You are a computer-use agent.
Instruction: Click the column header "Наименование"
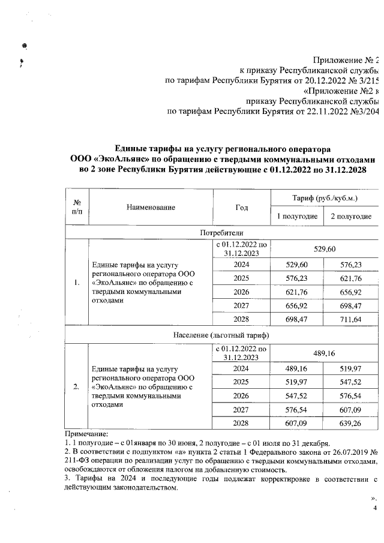click(x=151, y=207)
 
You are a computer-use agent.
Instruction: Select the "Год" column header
click(x=242, y=207)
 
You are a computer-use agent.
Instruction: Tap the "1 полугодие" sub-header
click(x=296, y=216)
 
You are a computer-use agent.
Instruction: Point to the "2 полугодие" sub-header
click(x=351, y=216)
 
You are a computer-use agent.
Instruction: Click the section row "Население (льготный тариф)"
click(x=221, y=334)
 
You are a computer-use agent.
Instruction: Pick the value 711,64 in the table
click(x=351, y=319)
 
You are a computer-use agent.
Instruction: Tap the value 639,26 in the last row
click(x=351, y=422)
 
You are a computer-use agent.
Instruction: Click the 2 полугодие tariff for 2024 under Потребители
click(x=351, y=264)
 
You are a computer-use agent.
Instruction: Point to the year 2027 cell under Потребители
click(x=241, y=305)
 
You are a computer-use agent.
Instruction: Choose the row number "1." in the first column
click(x=76, y=282)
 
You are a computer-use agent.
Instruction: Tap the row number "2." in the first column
click(x=76, y=387)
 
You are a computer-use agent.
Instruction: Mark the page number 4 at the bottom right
click(x=375, y=508)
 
